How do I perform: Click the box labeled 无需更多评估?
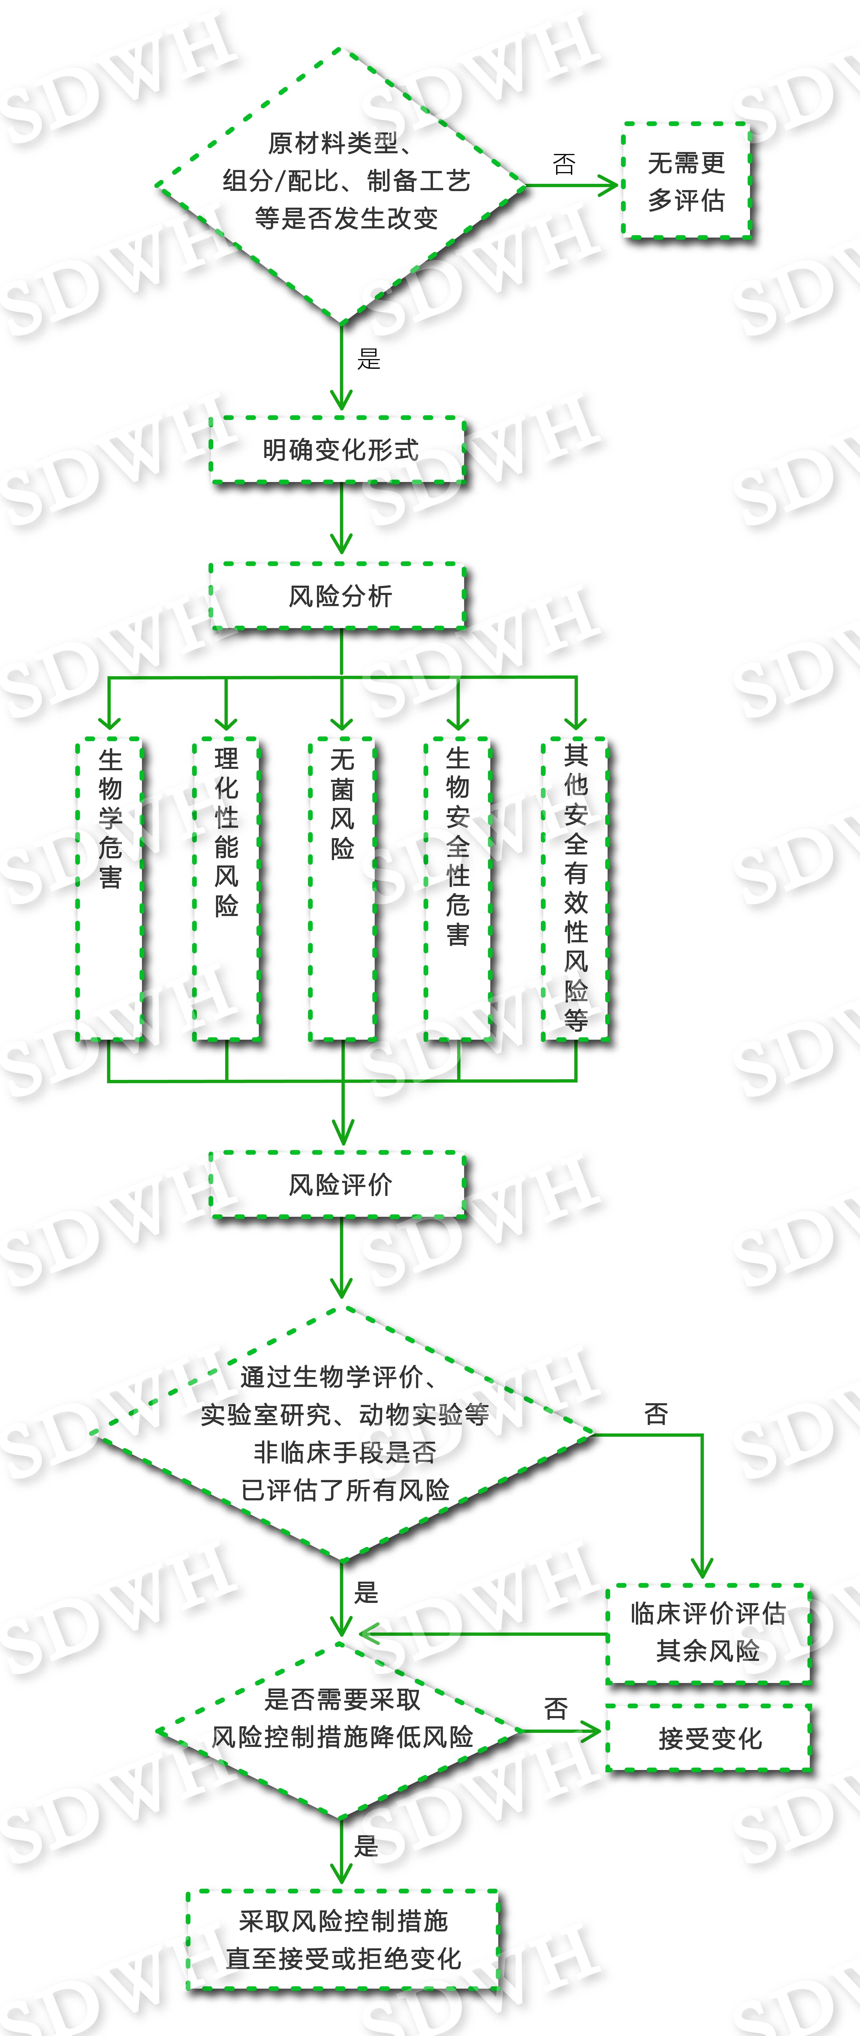tap(686, 181)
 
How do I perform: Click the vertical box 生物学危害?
tap(110, 889)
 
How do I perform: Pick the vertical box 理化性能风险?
tap(226, 889)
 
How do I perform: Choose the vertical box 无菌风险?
tap(342, 889)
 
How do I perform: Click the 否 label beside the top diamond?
tap(564, 164)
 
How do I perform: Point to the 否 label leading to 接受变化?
tap(556, 1709)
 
